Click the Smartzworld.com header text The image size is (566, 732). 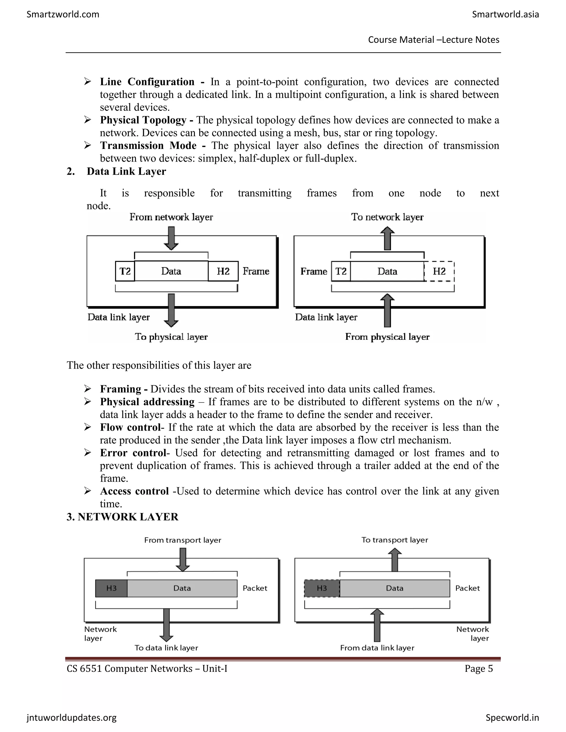63,14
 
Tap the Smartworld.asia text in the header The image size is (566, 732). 505,14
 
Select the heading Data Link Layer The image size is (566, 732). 126,171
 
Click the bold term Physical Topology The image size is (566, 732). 143,120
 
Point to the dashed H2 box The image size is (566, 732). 439,271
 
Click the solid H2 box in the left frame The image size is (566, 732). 223,271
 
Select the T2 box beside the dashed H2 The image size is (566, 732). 341,271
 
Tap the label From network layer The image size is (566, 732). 171,217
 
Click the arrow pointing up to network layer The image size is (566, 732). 387,238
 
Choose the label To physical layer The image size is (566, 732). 171,336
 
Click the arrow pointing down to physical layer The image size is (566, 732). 171,310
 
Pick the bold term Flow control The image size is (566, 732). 130,427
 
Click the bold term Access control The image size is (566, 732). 134,491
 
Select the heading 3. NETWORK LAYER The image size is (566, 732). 122,517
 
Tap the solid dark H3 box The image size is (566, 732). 111,588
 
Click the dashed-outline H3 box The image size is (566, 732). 322,588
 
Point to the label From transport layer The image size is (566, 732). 182,540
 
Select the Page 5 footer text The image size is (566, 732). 478,669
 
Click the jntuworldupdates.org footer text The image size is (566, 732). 71,718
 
